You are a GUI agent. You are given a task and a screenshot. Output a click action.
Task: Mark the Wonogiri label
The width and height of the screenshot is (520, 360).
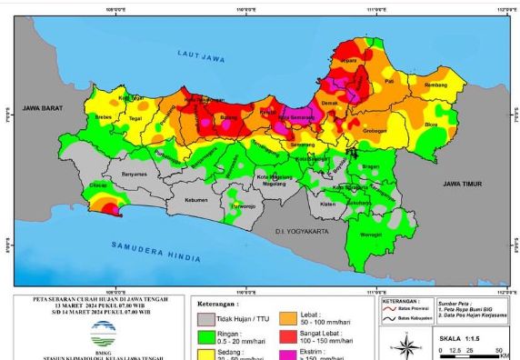pyautogui.click(x=370, y=235)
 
